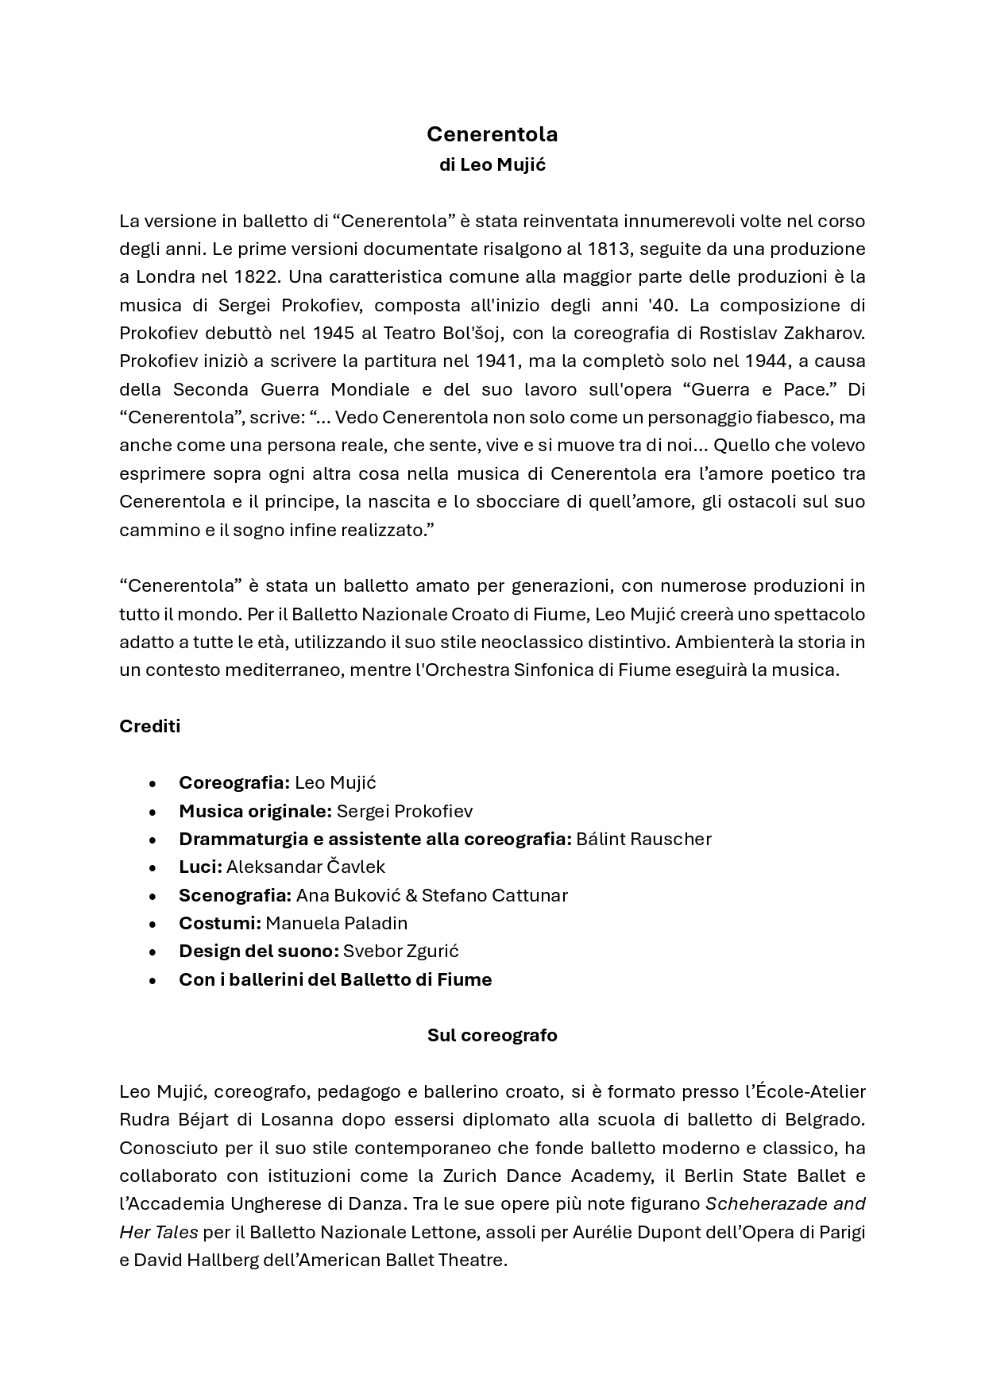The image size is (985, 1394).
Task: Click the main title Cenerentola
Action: (x=492, y=134)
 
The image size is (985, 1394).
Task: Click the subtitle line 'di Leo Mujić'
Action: (x=492, y=165)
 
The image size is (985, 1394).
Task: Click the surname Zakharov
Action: (x=823, y=333)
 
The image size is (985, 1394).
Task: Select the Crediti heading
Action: (x=150, y=726)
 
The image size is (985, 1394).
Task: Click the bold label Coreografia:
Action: (x=234, y=782)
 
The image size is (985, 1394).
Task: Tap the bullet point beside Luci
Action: (x=152, y=867)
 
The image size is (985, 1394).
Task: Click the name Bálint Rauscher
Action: (x=643, y=839)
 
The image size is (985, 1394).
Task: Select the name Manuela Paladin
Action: (x=336, y=923)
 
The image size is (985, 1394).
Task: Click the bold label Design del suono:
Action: (x=259, y=951)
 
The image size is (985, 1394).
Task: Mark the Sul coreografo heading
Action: (x=492, y=1035)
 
